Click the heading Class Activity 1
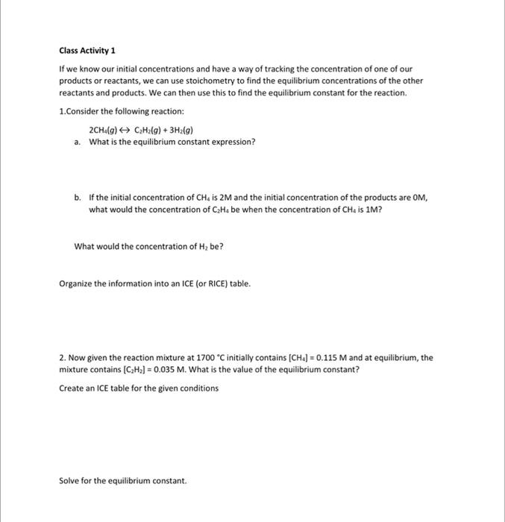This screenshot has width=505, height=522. [x=87, y=51]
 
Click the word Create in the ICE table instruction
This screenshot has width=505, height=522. [x=71, y=388]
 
